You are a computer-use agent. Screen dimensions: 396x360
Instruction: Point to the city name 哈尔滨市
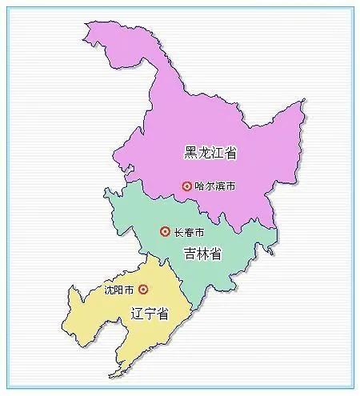coord(214,186)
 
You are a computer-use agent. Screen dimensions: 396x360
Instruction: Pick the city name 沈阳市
coord(119,289)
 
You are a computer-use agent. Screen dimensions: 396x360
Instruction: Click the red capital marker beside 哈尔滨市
coord(186,186)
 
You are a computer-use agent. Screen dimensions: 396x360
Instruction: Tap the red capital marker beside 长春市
coord(165,232)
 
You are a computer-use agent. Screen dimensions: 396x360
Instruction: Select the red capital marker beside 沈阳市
coord(143,289)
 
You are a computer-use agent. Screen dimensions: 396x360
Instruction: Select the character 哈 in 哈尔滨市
coord(199,186)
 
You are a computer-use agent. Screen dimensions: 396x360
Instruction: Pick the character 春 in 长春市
coord(189,232)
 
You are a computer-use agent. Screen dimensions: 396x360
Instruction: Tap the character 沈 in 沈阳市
coord(110,289)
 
